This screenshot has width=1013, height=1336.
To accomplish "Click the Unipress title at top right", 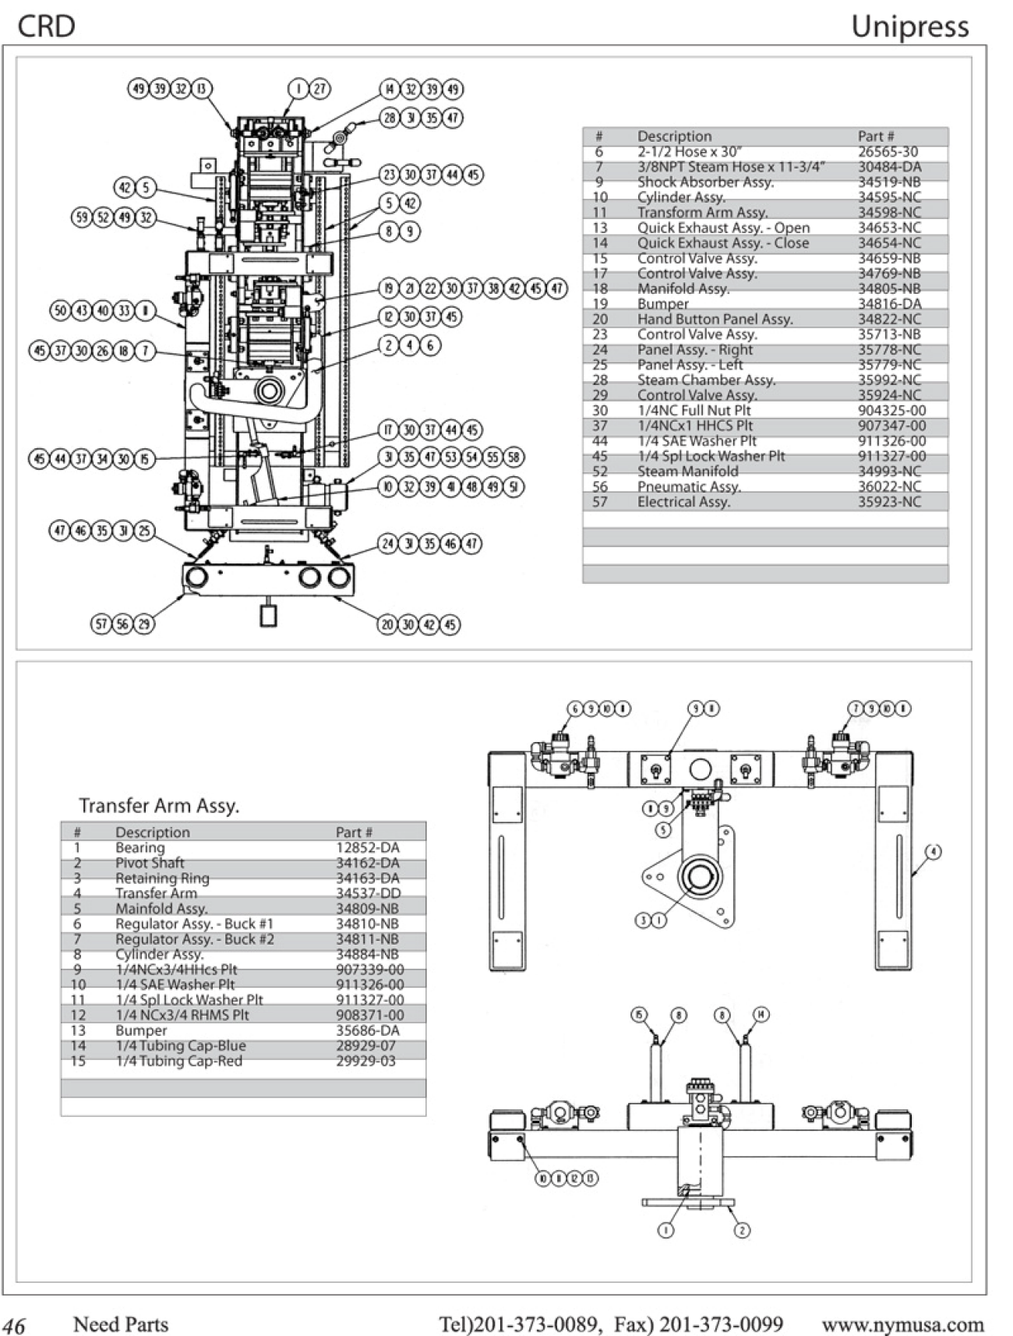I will [x=909, y=27].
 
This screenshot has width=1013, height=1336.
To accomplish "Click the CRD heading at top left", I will [x=46, y=27].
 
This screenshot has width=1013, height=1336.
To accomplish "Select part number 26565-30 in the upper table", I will [x=888, y=152].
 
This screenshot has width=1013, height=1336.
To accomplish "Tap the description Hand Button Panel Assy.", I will [x=715, y=319].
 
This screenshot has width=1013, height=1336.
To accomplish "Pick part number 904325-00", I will [x=891, y=411].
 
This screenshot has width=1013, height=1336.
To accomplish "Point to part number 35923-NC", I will [x=889, y=502].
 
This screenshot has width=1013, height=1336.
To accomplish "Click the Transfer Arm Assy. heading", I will [x=158, y=805].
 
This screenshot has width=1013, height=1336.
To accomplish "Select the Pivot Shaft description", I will [x=150, y=863].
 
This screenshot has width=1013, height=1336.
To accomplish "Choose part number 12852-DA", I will [x=367, y=847].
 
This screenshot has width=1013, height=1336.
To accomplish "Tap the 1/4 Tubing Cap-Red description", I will [x=178, y=1061].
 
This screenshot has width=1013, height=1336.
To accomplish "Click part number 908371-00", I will [x=369, y=1015].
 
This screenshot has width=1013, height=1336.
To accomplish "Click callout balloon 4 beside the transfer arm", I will [x=933, y=851].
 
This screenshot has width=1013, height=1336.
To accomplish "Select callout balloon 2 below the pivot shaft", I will [x=742, y=1230].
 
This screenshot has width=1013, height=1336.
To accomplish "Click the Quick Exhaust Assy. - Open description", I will [x=723, y=228].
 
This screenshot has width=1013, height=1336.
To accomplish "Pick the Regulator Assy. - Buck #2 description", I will [x=194, y=939].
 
